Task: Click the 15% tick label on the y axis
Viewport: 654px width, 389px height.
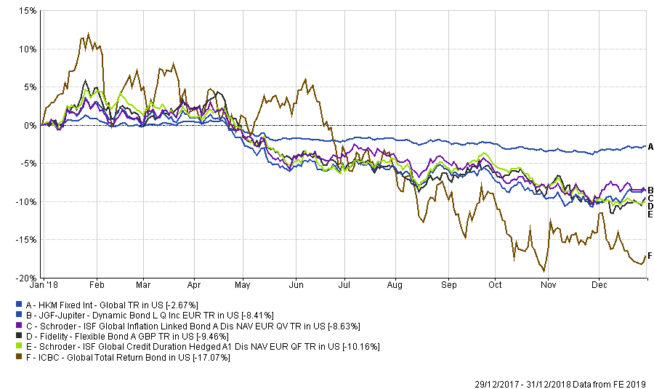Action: pos(28,12)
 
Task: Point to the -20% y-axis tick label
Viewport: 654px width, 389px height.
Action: pos(26,278)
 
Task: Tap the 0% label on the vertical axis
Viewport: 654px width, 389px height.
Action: pos(30,125)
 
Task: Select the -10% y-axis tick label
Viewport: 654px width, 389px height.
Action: pos(26,201)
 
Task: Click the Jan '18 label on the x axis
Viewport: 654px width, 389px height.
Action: pos(54,287)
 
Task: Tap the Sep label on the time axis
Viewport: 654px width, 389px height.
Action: pos(450,287)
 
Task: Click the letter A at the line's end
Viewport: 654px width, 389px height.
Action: pos(650,147)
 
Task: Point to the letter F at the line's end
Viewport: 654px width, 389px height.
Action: pos(650,255)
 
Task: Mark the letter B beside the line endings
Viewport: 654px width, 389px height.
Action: pos(650,190)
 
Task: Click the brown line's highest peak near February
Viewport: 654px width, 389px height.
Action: pos(88,33)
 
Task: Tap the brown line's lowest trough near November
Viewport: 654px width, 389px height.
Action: pos(544,271)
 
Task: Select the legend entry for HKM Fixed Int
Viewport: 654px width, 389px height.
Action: pos(106,304)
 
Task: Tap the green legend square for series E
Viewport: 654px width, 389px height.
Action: pos(17,348)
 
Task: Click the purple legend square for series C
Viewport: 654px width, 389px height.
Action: pos(17,326)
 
